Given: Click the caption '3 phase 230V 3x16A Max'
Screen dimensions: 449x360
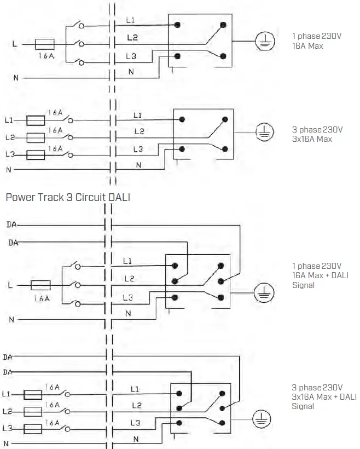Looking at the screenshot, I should [x=317, y=134].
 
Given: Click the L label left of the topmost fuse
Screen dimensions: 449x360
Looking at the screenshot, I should [x=15, y=44].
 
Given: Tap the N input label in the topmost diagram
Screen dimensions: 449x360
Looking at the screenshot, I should [x=16, y=78].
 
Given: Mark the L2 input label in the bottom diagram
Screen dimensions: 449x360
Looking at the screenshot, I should [x=7, y=411].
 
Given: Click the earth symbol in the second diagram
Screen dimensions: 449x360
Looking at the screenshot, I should [x=265, y=132].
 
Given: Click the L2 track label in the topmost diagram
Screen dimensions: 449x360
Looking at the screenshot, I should [x=132, y=37].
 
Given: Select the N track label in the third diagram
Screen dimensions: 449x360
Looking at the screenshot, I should [x=129, y=313].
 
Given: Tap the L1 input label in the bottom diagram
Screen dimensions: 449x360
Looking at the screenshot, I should [x=7, y=394].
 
